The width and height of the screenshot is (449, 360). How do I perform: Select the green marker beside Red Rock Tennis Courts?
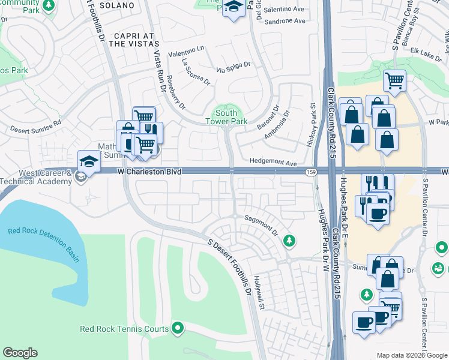point(178,328)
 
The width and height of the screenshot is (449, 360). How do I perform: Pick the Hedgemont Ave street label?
point(274,163)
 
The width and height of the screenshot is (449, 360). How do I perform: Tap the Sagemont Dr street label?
point(261,225)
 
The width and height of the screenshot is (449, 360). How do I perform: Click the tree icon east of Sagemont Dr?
point(290,241)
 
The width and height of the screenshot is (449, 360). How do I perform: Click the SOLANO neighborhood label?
point(114,5)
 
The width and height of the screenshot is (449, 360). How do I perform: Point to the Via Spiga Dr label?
point(233,67)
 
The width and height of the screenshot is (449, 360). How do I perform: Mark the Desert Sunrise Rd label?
point(35,125)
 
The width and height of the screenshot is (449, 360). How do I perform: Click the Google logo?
point(20,353)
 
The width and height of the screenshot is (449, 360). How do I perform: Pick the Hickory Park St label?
point(313,115)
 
